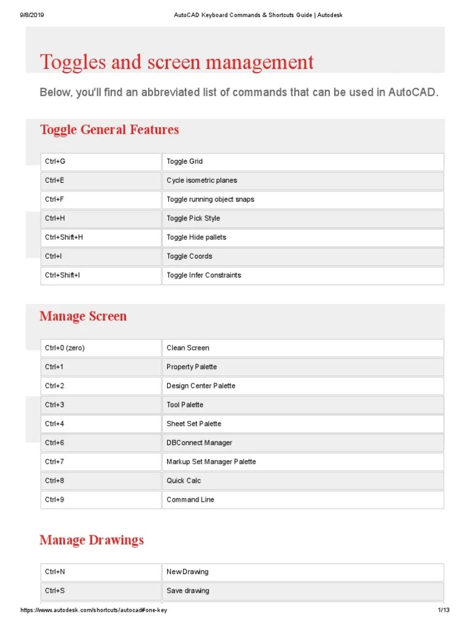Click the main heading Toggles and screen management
[177, 62]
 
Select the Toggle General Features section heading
[109, 130]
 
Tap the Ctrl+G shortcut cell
[101, 161]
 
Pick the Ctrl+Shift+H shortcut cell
[101, 237]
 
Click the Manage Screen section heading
[83, 316]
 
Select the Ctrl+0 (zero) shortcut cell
[101, 348]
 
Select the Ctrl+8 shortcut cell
[101, 481]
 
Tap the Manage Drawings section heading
[92, 540]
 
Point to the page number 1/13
[444, 611]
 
